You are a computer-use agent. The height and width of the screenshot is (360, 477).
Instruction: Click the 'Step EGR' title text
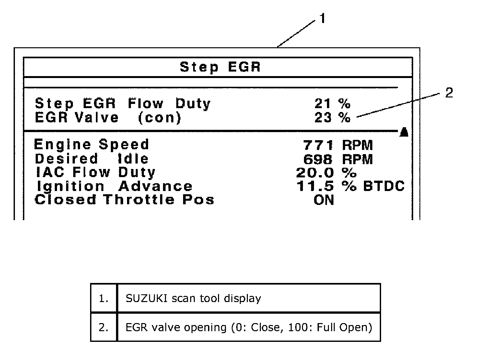[x=220, y=67]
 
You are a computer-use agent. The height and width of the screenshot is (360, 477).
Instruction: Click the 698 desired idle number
[x=318, y=159]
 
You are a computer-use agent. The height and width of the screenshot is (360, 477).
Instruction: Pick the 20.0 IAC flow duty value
[x=315, y=173]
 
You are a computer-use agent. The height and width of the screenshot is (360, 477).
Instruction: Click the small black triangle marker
[x=404, y=132]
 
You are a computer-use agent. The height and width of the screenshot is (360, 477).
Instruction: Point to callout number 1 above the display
[x=322, y=19]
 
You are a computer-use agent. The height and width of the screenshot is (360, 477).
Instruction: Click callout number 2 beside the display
[x=449, y=93]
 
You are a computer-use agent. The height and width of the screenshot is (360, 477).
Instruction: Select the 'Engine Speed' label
[x=91, y=145]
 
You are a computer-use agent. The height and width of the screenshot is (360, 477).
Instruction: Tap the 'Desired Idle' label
[x=91, y=159]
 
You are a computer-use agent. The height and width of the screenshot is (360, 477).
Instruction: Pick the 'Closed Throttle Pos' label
[x=124, y=200]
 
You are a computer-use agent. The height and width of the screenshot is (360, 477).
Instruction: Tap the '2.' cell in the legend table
[x=104, y=327]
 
